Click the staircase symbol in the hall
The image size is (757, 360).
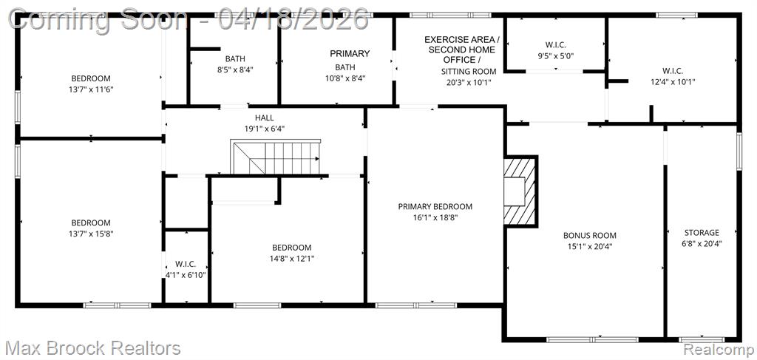(x=275, y=157)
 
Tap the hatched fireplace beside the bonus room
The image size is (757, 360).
(x=520, y=191)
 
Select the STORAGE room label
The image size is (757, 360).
(x=702, y=233)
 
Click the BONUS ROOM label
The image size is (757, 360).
(x=589, y=236)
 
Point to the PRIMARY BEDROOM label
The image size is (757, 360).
(x=435, y=206)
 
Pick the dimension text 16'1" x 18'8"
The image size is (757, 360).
(x=435, y=217)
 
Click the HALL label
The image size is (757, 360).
(x=264, y=118)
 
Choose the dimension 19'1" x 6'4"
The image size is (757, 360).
(x=264, y=129)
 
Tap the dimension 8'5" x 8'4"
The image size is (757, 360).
(x=235, y=69)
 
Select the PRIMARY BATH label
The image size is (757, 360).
(x=350, y=60)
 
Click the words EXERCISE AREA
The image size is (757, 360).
(x=461, y=40)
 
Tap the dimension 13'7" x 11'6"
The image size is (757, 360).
(x=91, y=89)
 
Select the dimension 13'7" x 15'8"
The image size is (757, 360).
(x=91, y=234)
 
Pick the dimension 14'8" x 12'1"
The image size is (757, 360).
(x=291, y=258)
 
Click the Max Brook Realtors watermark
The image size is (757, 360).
(x=94, y=348)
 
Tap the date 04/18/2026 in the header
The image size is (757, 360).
(x=293, y=20)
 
